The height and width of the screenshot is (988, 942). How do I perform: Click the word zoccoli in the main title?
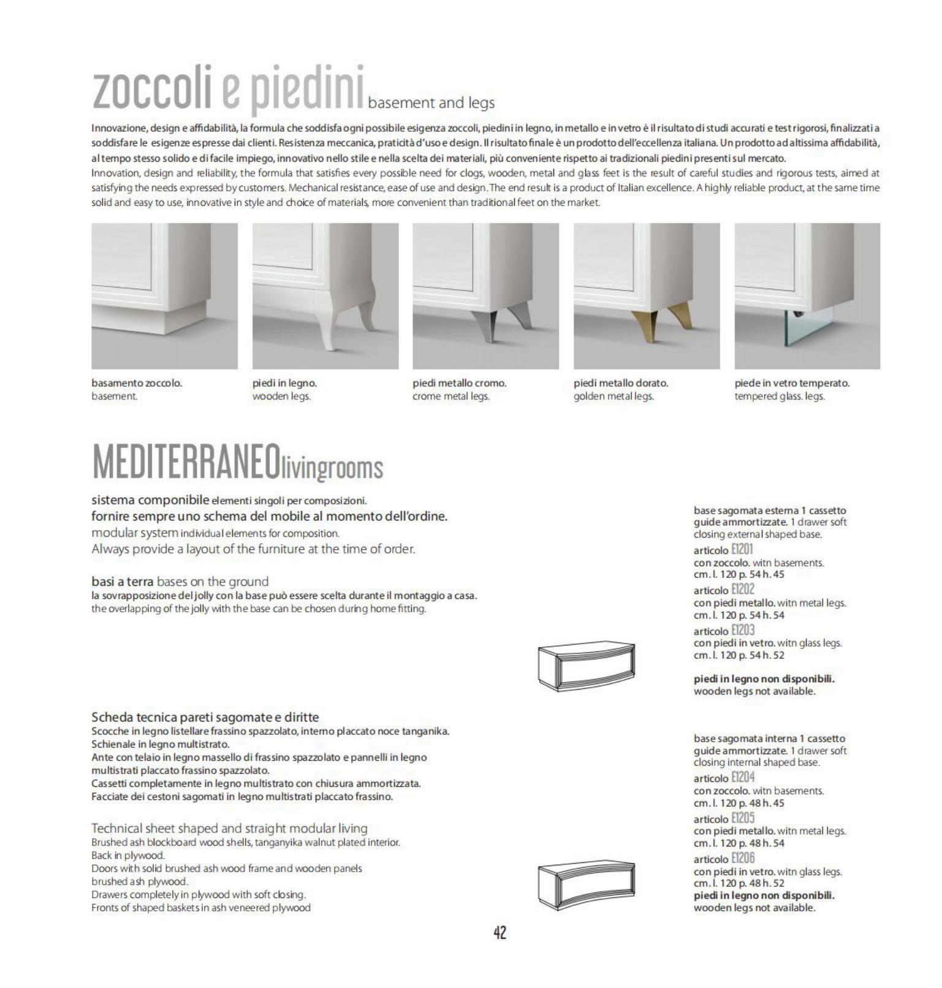(x=151, y=89)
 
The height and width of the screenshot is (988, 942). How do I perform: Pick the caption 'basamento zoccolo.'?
(x=137, y=383)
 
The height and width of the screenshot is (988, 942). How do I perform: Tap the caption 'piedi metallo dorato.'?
(x=620, y=383)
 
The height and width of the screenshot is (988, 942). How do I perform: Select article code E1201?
(x=742, y=550)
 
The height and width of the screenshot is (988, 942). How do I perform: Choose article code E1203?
(x=743, y=631)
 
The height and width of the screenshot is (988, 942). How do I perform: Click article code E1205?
(x=743, y=819)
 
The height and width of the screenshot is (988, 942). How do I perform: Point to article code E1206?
(x=743, y=859)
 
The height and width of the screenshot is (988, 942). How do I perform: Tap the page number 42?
(x=499, y=933)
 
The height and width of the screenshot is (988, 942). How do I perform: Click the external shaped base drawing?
(x=586, y=666)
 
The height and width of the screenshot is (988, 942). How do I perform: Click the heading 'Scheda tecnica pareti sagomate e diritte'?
(x=205, y=717)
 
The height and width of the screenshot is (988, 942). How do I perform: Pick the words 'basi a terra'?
(x=122, y=582)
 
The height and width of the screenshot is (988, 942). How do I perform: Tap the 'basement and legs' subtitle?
(x=431, y=103)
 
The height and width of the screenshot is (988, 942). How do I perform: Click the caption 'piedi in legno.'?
(x=284, y=383)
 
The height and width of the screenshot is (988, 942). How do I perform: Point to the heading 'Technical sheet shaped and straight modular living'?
(x=229, y=829)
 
